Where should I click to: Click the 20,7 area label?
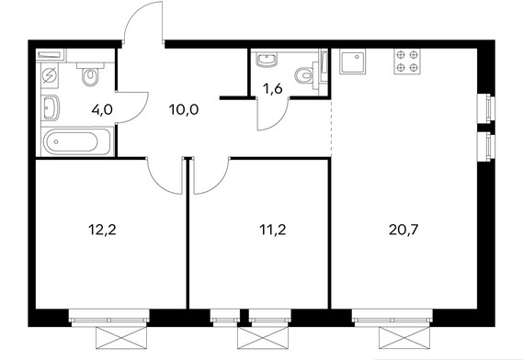404,230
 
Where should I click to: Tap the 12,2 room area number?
102,230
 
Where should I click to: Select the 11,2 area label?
272,230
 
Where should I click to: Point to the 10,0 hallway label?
184,109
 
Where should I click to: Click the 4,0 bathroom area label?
102,109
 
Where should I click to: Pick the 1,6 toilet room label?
272,89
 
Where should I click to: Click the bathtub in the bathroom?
76,141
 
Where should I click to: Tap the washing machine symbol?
50,75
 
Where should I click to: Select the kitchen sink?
353,62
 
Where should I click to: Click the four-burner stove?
407,62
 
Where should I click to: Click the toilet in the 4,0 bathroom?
90,74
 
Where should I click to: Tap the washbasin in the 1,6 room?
267,61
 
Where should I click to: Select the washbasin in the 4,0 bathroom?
51,107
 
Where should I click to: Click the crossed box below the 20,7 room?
404,338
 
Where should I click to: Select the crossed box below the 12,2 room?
121,338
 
